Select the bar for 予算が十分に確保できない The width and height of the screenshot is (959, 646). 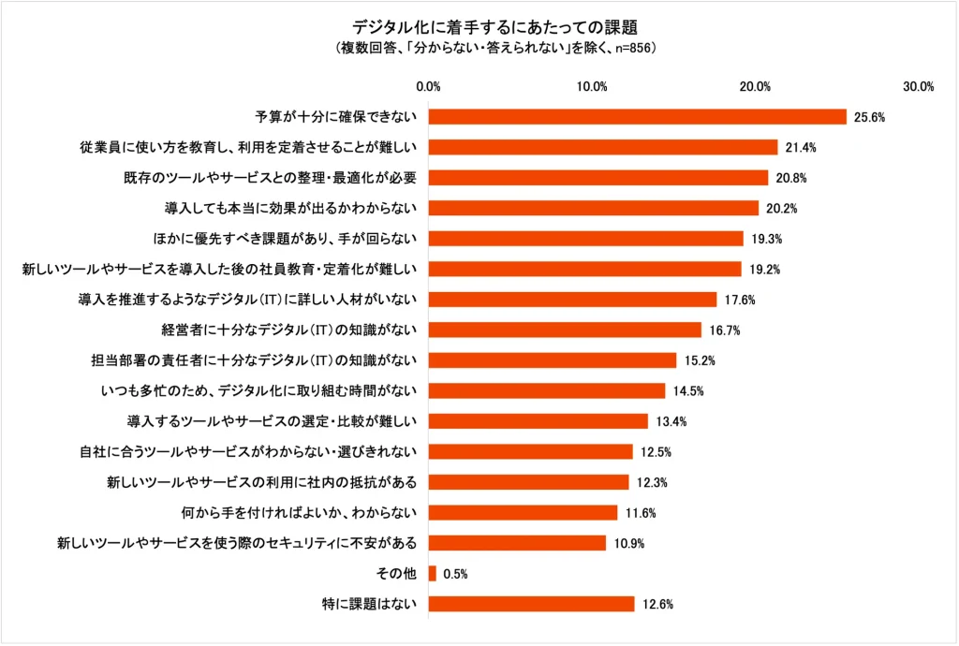pos(638,117)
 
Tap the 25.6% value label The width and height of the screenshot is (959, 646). pos(868,117)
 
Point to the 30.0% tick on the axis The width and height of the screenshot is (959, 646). pos(919,87)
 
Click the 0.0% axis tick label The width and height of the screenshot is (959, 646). pos(428,87)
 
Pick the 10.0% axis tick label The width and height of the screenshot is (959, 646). pos(592,87)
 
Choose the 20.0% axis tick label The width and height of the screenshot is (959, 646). pos(755,87)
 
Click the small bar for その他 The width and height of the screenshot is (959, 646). pos(433,573)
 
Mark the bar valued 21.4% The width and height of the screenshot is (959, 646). pos(603,147)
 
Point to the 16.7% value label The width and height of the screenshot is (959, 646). pos(722,330)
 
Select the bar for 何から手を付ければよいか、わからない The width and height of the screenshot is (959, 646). pos(523,512)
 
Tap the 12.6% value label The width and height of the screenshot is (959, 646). pos(656,604)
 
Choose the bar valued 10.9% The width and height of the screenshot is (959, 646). pos(517,543)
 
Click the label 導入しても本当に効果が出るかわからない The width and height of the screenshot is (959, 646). pos(296,208)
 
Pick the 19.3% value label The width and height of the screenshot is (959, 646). pos(764,239)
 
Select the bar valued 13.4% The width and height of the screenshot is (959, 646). pos(538,421)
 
